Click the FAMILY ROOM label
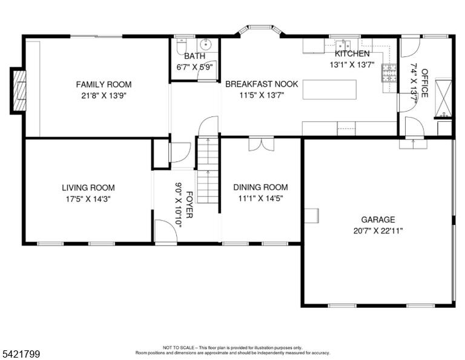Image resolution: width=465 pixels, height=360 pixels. pos(104,85)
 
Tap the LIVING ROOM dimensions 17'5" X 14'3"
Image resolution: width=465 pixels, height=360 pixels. pos(88,199)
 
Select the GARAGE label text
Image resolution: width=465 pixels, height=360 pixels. pos(378,219)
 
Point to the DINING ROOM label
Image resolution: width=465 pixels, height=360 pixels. pos(261,187)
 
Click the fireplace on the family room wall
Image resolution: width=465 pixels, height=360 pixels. pos(19,90)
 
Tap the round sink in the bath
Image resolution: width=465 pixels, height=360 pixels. pos(205,44)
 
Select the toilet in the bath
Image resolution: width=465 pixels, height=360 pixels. pos(180,47)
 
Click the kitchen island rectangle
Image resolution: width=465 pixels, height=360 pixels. pos(329,89)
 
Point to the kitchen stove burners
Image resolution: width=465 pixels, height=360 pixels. pos(389,73)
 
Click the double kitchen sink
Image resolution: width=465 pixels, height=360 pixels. pos(343,45)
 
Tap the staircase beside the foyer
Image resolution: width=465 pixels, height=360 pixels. pos(208,170)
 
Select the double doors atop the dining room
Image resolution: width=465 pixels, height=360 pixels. pos(262,144)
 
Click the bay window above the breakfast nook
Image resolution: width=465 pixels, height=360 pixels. pos(260,30)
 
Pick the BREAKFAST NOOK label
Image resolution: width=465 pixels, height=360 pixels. pos(262,84)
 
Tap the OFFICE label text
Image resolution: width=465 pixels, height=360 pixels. pos(424,83)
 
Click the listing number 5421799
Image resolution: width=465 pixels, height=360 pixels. pos(21,354)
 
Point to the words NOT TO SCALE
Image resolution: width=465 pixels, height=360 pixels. pos(179,347)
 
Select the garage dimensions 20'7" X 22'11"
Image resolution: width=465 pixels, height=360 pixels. pos(378,230)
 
